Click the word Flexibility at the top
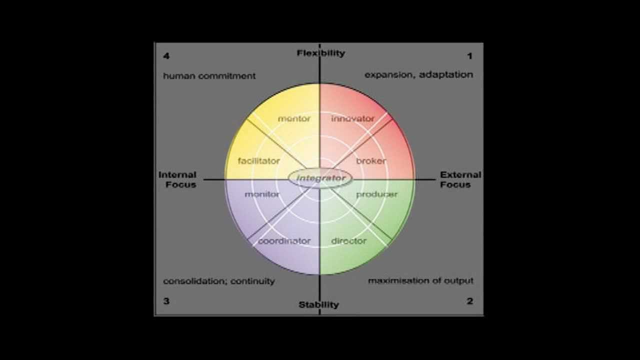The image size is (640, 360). pos(320,53)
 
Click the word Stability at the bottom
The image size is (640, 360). pos(318,304)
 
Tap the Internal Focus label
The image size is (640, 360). pos(177,179)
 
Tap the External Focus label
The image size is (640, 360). pos(460,179)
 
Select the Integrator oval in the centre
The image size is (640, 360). pos(320,178)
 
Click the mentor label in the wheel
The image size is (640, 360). pos(294,118)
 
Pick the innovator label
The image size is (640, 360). pos(352,118)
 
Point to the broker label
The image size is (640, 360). pos(371,161)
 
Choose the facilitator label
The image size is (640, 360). pos(258,161)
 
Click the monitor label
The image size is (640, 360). pos(262,194)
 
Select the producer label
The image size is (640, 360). pos(376,194)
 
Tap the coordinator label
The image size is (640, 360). pos(284,241)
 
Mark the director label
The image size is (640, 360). pos(349,241)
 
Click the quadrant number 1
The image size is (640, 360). pos(469,56)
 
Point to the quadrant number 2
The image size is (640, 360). pos(469,301)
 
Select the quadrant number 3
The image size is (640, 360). pos(166,301)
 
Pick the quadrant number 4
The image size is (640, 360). pos(166,56)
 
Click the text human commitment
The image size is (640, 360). pos(209,76)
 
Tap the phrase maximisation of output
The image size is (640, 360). pos(420,280)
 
